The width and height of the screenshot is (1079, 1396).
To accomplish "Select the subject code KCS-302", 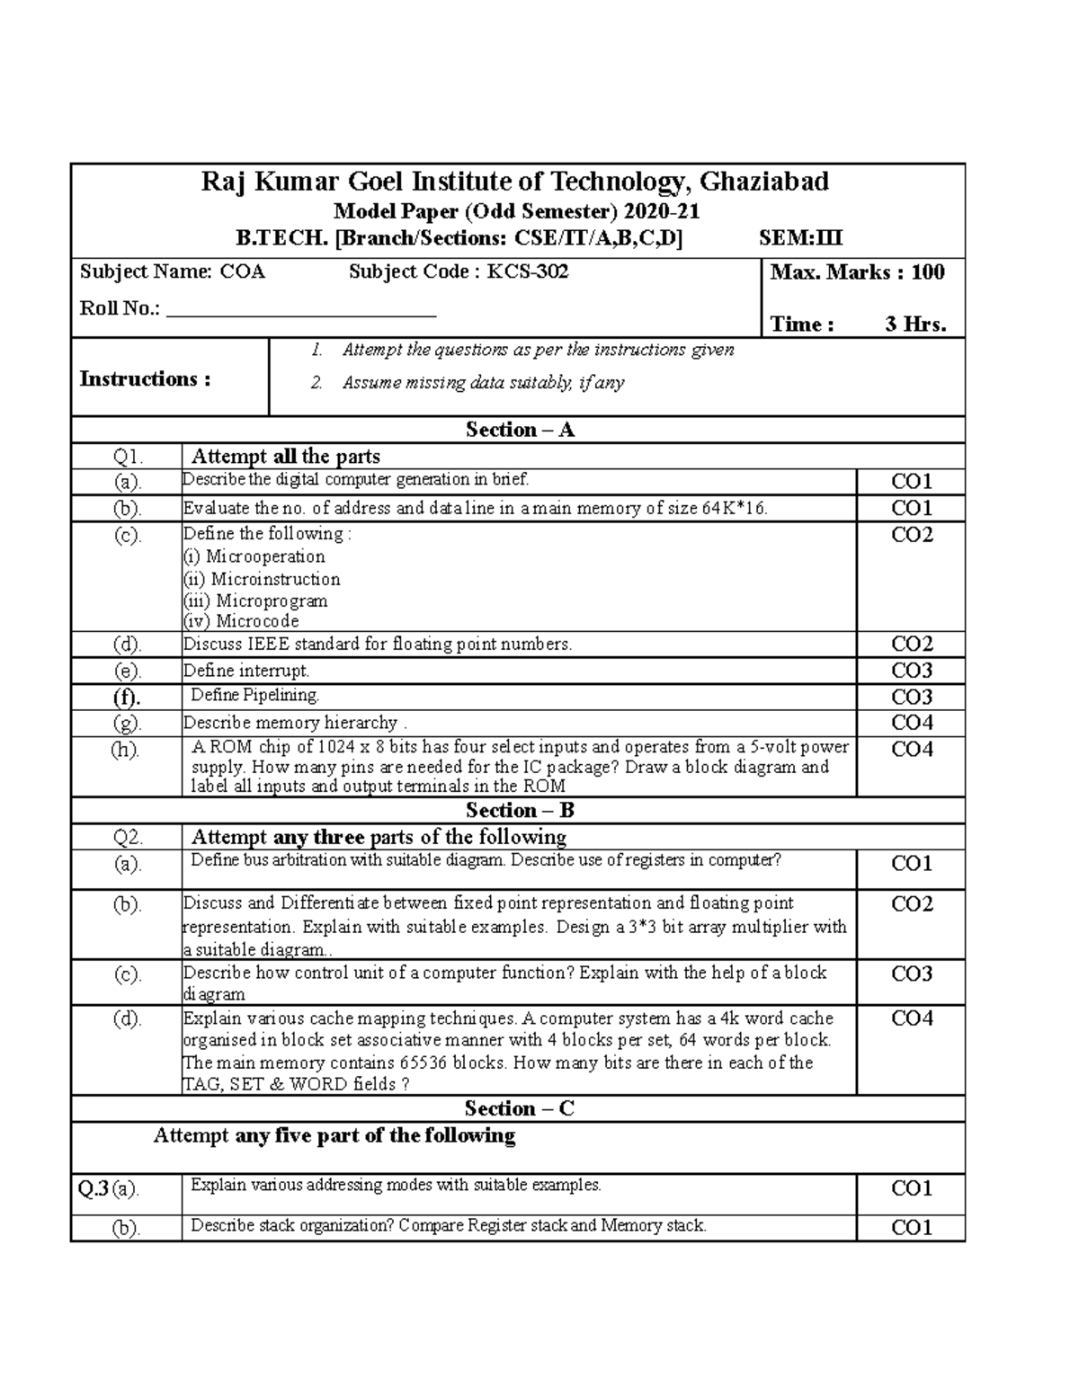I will (x=528, y=271).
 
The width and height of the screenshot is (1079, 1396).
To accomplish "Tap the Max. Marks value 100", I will (x=927, y=272).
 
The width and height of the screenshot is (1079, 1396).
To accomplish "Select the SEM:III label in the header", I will (x=801, y=238).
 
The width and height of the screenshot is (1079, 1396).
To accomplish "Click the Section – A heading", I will (x=519, y=430).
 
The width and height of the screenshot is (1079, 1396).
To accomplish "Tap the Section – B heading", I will (x=519, y=810).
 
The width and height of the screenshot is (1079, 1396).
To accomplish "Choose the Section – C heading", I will (x=519, y=1108).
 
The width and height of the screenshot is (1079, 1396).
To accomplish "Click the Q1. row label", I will (x=127, y=457).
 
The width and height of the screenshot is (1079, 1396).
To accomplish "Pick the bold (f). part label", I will (x=127, y=697).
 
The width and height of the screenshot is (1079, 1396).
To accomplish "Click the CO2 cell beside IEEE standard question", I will (x=912, y=644).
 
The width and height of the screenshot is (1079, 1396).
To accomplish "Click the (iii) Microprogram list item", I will (x=255, y=600).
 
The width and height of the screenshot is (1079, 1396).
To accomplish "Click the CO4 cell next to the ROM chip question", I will (x=912, y=749).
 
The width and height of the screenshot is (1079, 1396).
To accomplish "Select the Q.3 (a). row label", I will (x=109, y=1189).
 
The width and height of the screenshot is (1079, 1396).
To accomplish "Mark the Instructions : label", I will (x=145, y=378).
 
